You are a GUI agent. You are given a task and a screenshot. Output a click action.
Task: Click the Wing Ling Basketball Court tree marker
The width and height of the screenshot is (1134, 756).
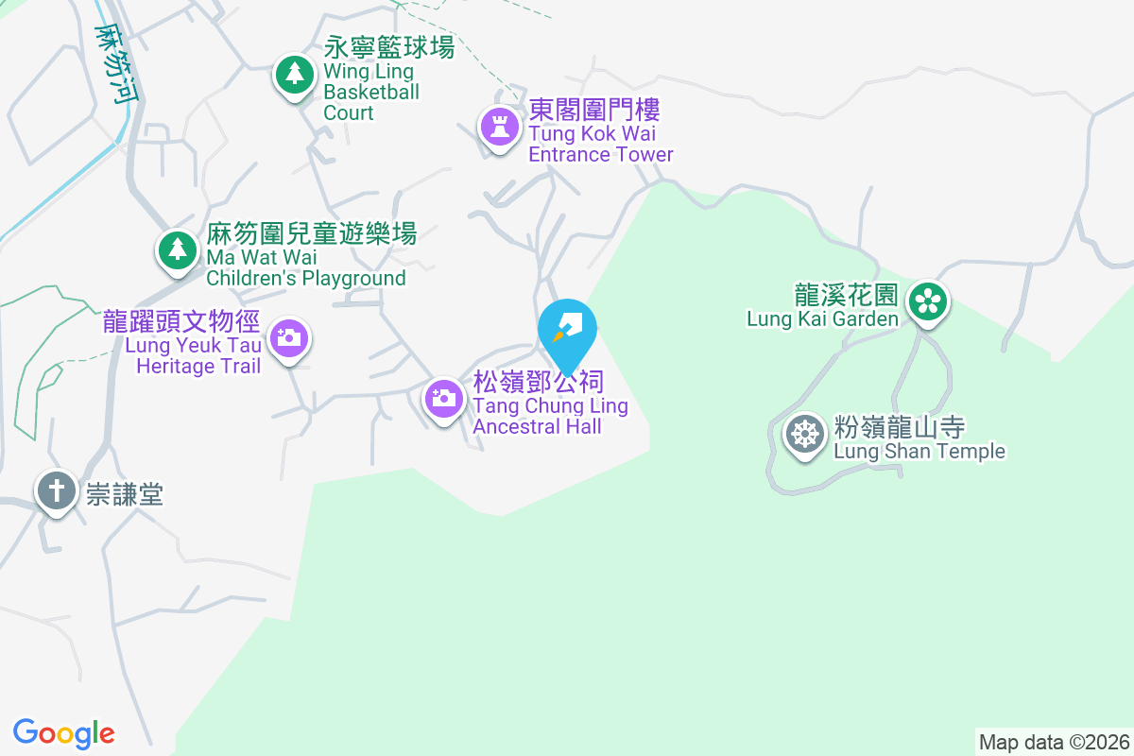[x=295, y=75]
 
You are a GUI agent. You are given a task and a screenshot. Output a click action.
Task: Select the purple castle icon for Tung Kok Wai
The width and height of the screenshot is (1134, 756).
[x=499, y=127]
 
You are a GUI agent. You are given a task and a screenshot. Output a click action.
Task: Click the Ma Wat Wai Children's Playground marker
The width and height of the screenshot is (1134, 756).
[x=176, y=250]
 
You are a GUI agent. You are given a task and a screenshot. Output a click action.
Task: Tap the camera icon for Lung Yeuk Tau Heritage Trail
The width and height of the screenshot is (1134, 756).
[x=288, y=337]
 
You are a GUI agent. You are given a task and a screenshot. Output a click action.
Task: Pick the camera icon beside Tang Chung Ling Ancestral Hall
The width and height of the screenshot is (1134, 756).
[x=442, y=398]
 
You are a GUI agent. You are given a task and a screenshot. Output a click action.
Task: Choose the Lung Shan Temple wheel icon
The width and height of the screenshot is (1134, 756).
[x=805, y=435]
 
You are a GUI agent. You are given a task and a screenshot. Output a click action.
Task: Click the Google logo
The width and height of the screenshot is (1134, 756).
[x=64, y=733]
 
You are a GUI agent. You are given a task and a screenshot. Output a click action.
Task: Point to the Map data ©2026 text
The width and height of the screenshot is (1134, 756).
[x=1054, y=742]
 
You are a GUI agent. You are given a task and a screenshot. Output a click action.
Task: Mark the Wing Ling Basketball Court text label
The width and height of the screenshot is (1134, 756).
[x=387, y=80]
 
